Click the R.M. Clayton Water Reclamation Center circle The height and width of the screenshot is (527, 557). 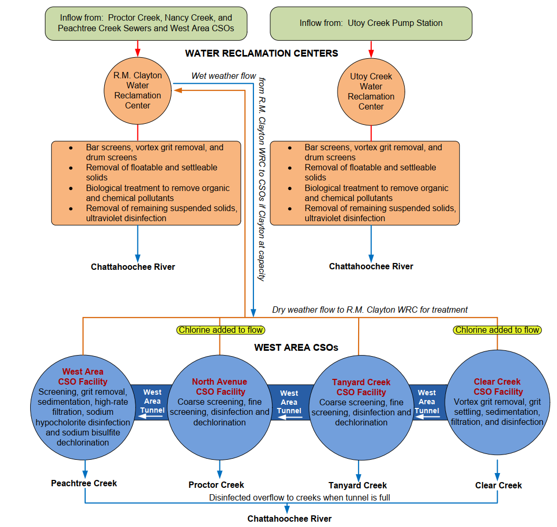[x=138, y=90]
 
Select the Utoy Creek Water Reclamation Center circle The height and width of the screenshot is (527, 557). [x=371, y=92]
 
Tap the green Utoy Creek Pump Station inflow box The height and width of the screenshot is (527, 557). [x=371, y=23]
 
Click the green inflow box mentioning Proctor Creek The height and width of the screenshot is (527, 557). [x=145, y=23]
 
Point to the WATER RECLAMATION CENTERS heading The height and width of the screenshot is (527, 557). [x=261, y=53]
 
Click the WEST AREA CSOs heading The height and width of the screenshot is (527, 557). [x=296, y=348]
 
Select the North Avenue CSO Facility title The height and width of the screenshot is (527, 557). [x=220, y=387]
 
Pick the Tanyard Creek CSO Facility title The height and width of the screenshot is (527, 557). [x=361, y=387]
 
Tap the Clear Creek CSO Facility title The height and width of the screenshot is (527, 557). [x=497, y=387]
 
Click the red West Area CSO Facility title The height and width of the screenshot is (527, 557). [x=83, y=377]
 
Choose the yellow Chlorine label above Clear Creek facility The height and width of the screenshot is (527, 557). [x=497, y=330]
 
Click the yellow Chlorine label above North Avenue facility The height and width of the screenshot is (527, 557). [x=220, y=330]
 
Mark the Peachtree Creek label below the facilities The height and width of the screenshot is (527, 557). [x=84, y=483]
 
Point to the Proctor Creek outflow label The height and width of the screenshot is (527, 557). [x=216, y=485]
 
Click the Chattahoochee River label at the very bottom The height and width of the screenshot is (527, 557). [x=289, y=519]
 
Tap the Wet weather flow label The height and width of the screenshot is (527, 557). [x=223, y=76]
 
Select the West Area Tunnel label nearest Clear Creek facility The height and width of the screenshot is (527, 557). [x=426, y=402]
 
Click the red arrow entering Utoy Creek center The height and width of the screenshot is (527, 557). [x=371, y=49]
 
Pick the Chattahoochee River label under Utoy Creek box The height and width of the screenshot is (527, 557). [x=371, y=266]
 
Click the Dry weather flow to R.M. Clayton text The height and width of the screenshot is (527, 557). [x=370, y=310]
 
